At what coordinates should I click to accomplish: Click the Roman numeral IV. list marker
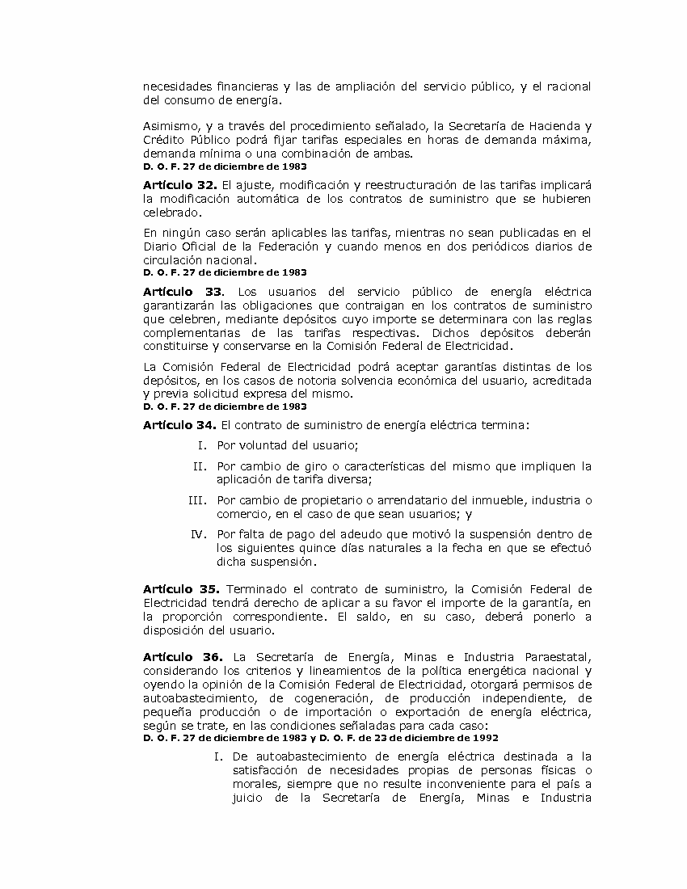(x=199, y=533)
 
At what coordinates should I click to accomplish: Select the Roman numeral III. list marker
(x=197, y=499)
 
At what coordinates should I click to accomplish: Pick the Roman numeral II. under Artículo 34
(x=200, y=466)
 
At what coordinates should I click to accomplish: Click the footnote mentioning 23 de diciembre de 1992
(x=320, y=738)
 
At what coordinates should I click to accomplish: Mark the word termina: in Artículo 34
(x=503, y=424)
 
